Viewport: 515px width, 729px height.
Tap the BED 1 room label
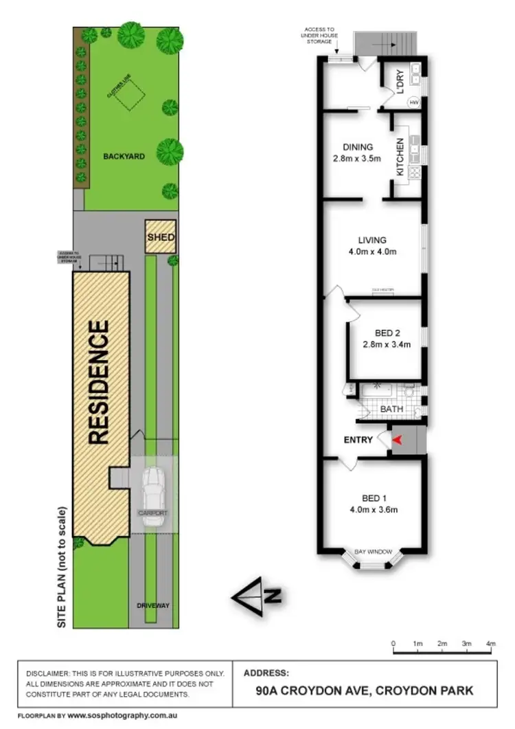pyautogui.click(x=374, y=497)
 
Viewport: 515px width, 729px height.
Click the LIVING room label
pyautogui.click(x=372, y=240)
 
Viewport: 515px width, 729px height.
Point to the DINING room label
pyautogui.click(x=358, y=146)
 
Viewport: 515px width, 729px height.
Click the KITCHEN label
pyautogui.click(x=400, y=157)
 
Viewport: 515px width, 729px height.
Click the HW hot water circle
pyautogui.click(x=414, y=102)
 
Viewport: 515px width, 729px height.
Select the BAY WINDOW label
pyautogui.click(x=373, y=552)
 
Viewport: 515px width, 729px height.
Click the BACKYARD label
pyautogui.click(x=124, y=156)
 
